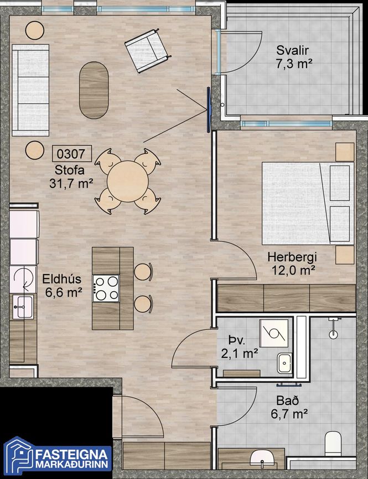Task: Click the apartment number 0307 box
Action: click(72, 154)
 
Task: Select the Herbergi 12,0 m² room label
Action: click(292, 264)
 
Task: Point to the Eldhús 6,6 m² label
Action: click(62, 286)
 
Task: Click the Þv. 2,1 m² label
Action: click(239, 347)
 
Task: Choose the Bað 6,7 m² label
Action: click(289, 407)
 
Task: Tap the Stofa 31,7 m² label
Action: click(71, 177)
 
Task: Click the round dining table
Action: click(128, 181)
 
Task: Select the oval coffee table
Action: click(94, 90)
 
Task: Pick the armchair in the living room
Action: click(147, 50)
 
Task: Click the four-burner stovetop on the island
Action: click(106, 288)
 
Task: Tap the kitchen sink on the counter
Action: click(23, 307)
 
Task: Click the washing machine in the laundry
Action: click(274, 333)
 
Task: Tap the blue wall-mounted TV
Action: click(209, 110)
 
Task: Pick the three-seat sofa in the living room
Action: click(30, 90)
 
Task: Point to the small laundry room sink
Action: click(284, 363)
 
